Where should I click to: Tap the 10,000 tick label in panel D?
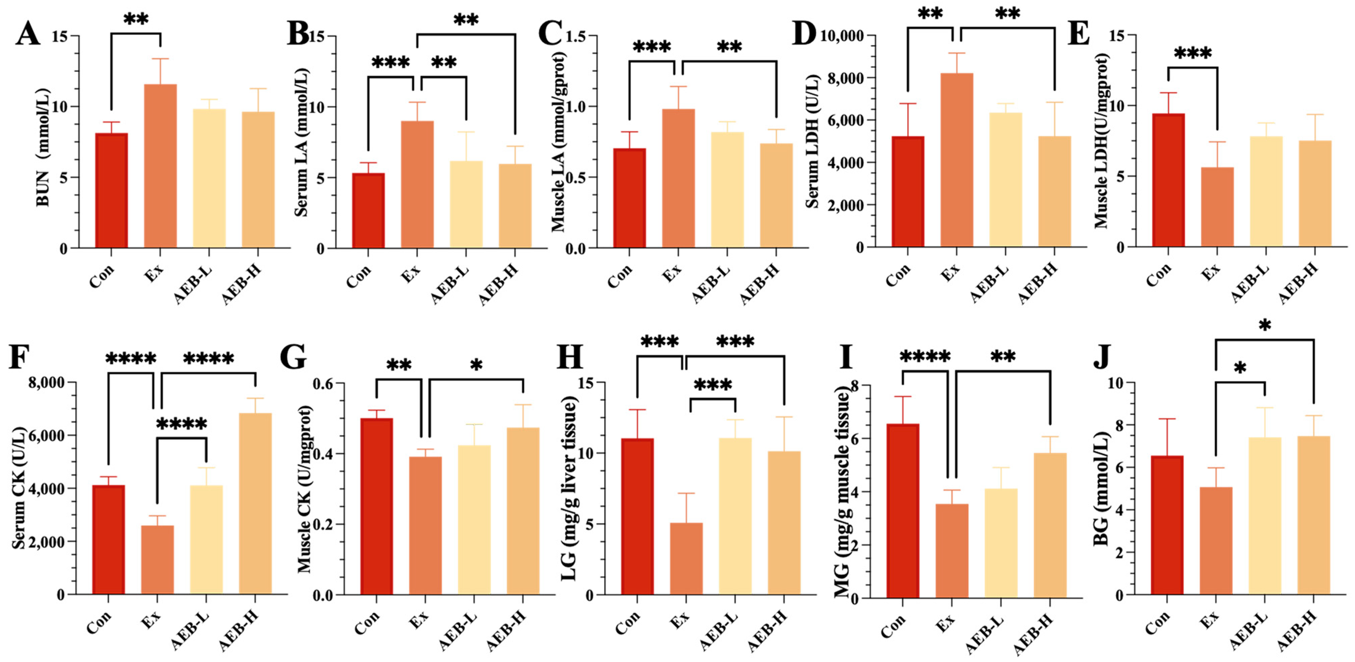point(842,36)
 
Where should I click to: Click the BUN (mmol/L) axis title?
point(43,147)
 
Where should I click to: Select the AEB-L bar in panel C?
point(727,189)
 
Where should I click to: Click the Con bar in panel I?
point(903,511)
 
